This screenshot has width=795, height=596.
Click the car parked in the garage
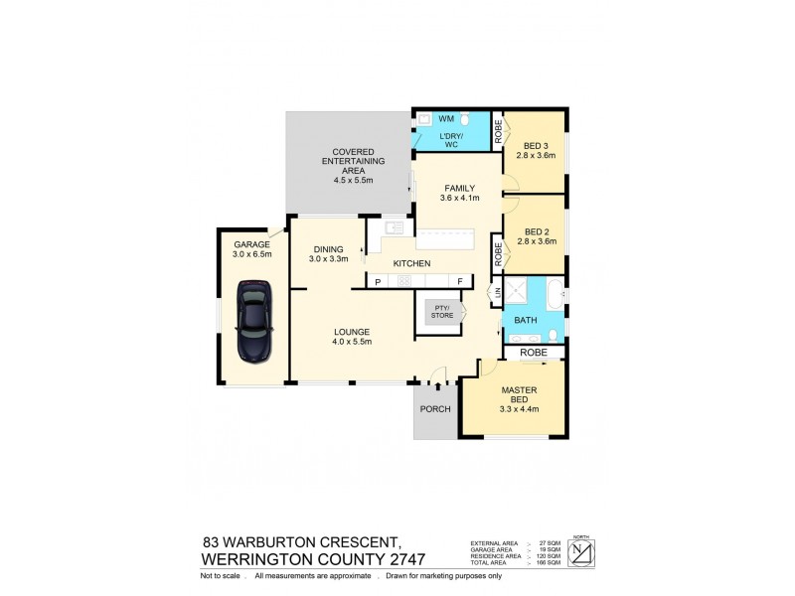pyautogui.click(x=253, y=322)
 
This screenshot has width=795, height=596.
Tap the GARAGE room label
pyautogui.click(x=252, y=243)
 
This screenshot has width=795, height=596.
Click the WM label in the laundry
pyautogui.click(x=446, y=118)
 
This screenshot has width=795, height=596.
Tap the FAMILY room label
pyautogui.click(x=459, y=188)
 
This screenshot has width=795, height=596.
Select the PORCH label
pyautogui.click(x=435, y=409)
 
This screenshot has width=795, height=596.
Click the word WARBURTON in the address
pyautogui.click(x=280, y=541)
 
